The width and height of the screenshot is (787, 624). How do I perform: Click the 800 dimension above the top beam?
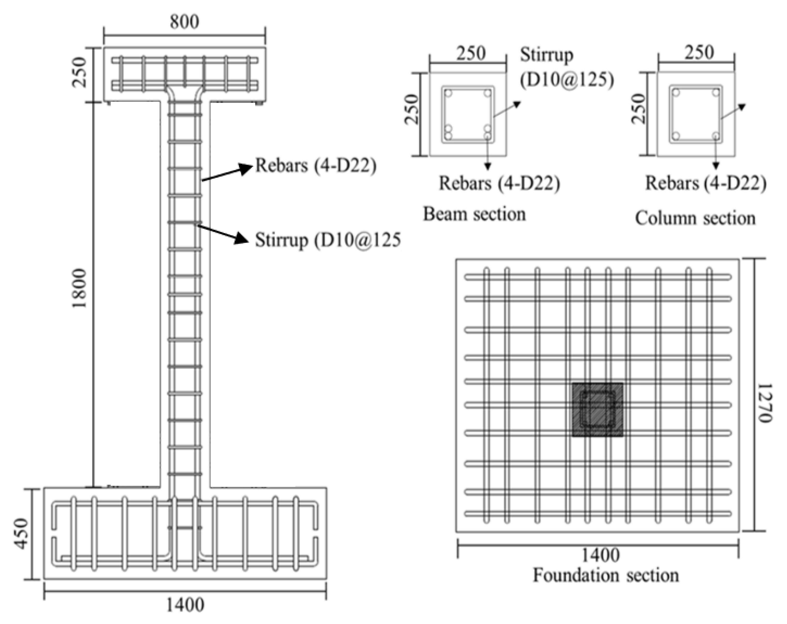pyautogui.click(x=184, y=22)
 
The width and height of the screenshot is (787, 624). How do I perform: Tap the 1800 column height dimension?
pyautogui.click(x=79, y=288)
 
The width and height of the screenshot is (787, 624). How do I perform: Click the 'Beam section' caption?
pyautogui.click(x=474, y=214)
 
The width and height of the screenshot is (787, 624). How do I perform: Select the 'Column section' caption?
pyautogui.click(x=695, y=218)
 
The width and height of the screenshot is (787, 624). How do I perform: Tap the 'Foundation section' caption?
pyautogui.click(x=606, y=576)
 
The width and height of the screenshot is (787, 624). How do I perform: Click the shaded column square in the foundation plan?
pyautogui.click(x=597, y=410)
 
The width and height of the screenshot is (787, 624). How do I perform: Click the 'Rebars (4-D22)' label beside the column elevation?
pyautogui.click(x=316, y=165)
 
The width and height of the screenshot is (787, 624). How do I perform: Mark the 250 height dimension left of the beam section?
pyautogui.click(x=411, y=109)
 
